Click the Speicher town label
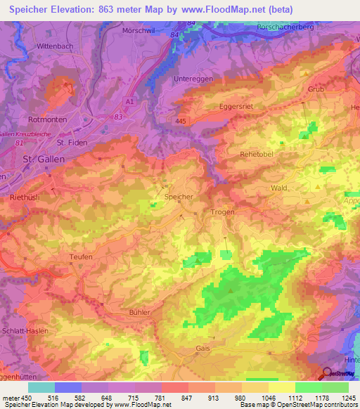(178, 197)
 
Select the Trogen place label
(222, 212)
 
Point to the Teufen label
(82, 257)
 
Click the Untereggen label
(191, 79)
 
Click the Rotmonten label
(48, 120)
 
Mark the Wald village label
(279, 188)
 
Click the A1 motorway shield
(129, 102)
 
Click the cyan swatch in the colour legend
(41, 387)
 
